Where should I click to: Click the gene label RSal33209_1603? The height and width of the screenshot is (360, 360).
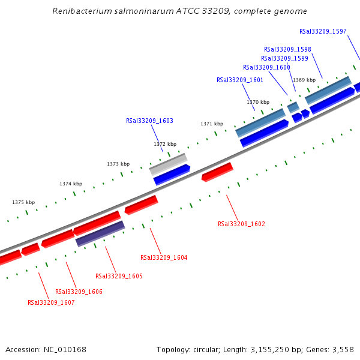(149, 121)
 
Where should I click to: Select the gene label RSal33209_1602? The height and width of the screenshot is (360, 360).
(241, 224)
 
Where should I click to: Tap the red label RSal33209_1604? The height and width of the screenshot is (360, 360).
(164, 257)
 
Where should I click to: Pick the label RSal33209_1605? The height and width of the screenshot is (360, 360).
(119, 276)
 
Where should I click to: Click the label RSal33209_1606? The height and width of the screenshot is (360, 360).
(79, 292)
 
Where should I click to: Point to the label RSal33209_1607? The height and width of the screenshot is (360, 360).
(51, 302)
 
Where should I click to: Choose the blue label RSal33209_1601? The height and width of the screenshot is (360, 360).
(240, 80)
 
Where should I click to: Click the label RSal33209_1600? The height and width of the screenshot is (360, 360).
(266, 67)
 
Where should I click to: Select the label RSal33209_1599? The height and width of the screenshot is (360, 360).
(284, 58)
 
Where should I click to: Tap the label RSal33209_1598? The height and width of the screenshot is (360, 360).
(287, 49)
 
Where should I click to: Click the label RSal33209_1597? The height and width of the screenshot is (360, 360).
(323, 31)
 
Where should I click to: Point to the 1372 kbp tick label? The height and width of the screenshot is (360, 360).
(165, 144)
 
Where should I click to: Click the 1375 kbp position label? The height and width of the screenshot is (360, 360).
(23, 202)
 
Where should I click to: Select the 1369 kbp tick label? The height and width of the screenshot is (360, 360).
(304, 80)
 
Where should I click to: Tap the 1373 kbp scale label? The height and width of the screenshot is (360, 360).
(118, 164)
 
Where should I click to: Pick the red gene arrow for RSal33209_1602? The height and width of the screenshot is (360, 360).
(217, 172)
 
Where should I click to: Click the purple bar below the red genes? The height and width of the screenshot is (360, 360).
(100, 233)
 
